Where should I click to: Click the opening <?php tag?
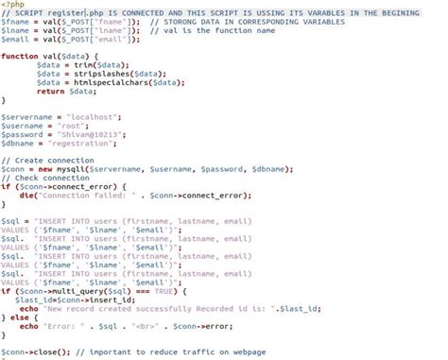(x=10, y=5)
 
